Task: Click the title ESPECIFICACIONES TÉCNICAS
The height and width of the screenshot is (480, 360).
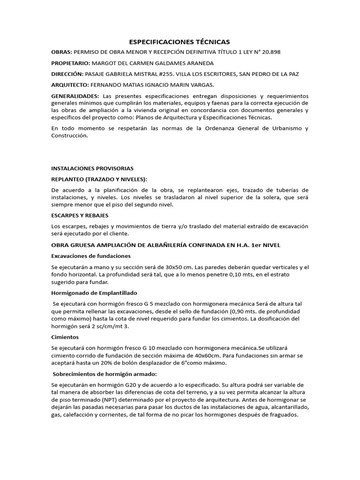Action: pos(180,42)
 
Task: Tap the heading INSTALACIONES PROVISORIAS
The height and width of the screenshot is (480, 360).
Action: pos(92,168)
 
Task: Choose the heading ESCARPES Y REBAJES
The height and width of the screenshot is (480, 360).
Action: pos(80,215)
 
